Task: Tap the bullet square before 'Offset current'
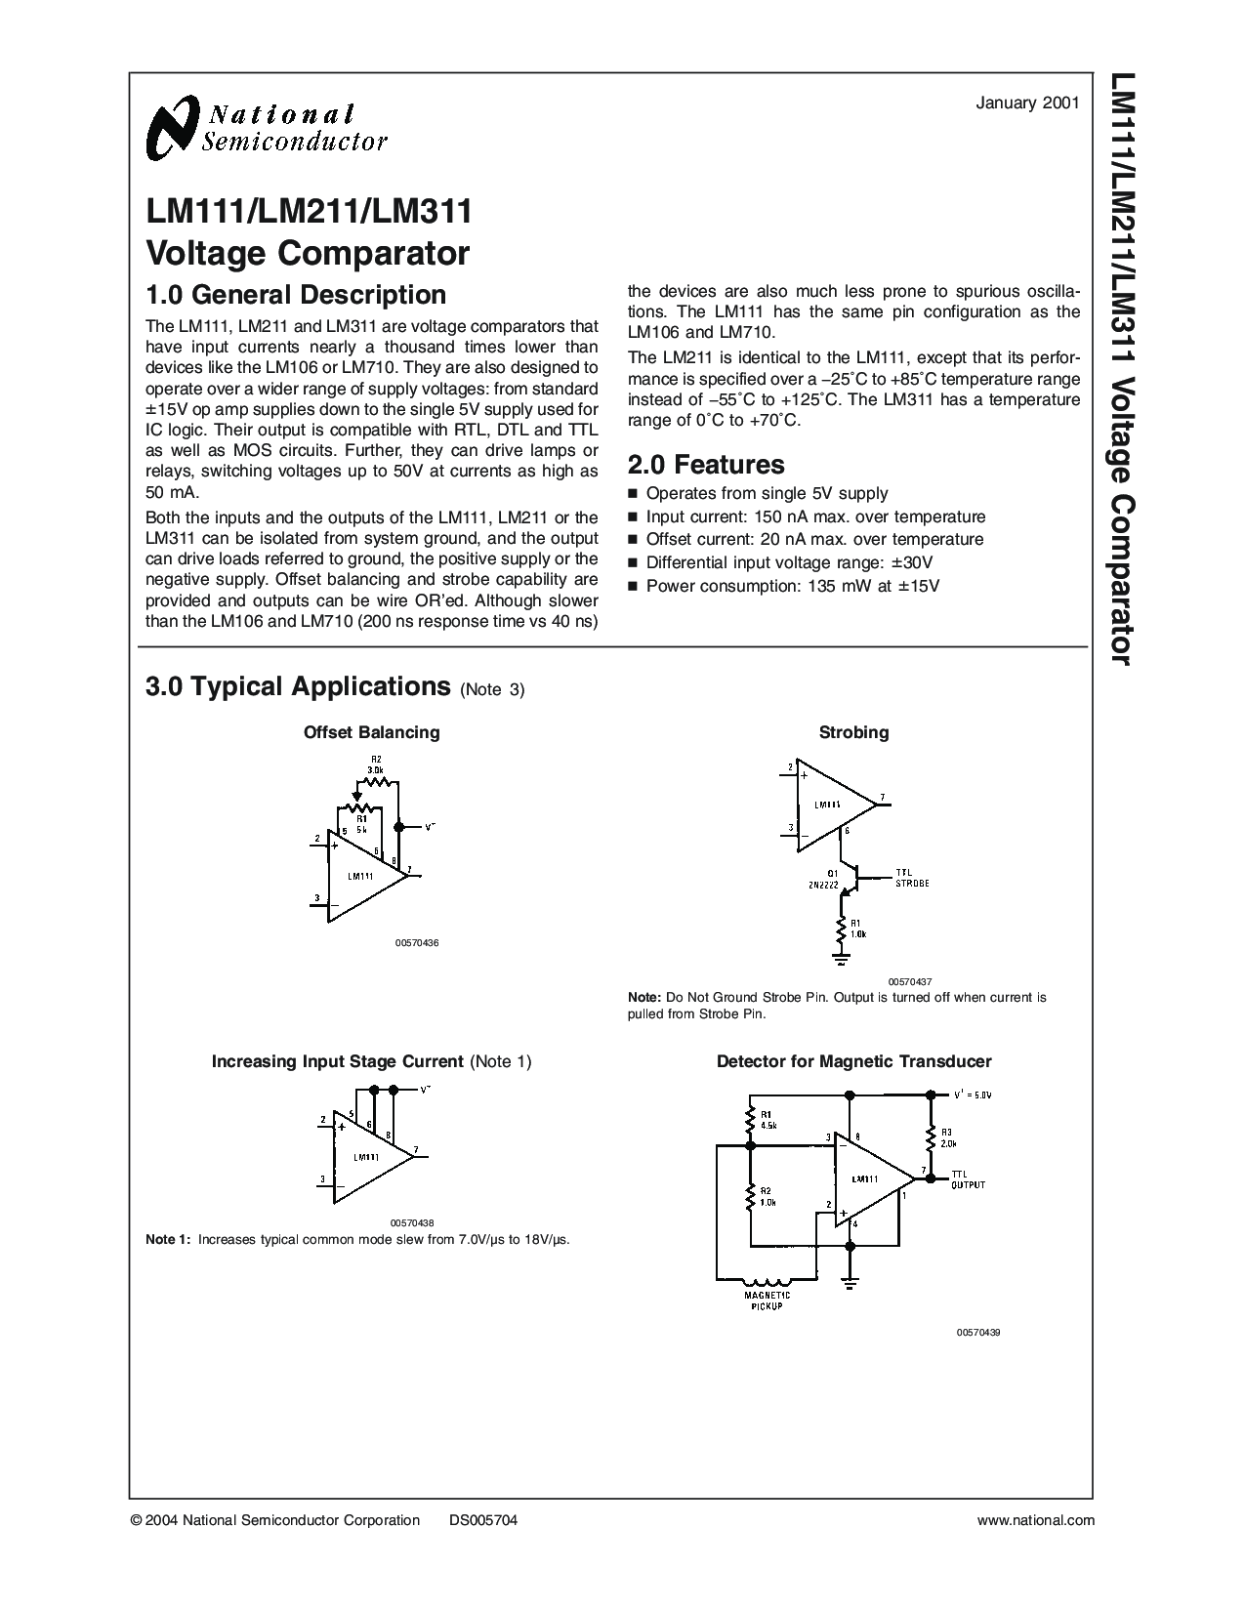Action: click(633, 540)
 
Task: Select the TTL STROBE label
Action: click(912, 878)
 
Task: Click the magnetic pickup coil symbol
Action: click(768, 1283)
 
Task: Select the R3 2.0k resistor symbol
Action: click(929, 1138)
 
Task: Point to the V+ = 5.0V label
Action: click(973, 1095)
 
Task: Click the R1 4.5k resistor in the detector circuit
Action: click(750, 1120)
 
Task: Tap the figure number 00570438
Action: click(412, 1222)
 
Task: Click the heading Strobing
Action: click(853, 732)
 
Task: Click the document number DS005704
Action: click(483, 1519)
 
